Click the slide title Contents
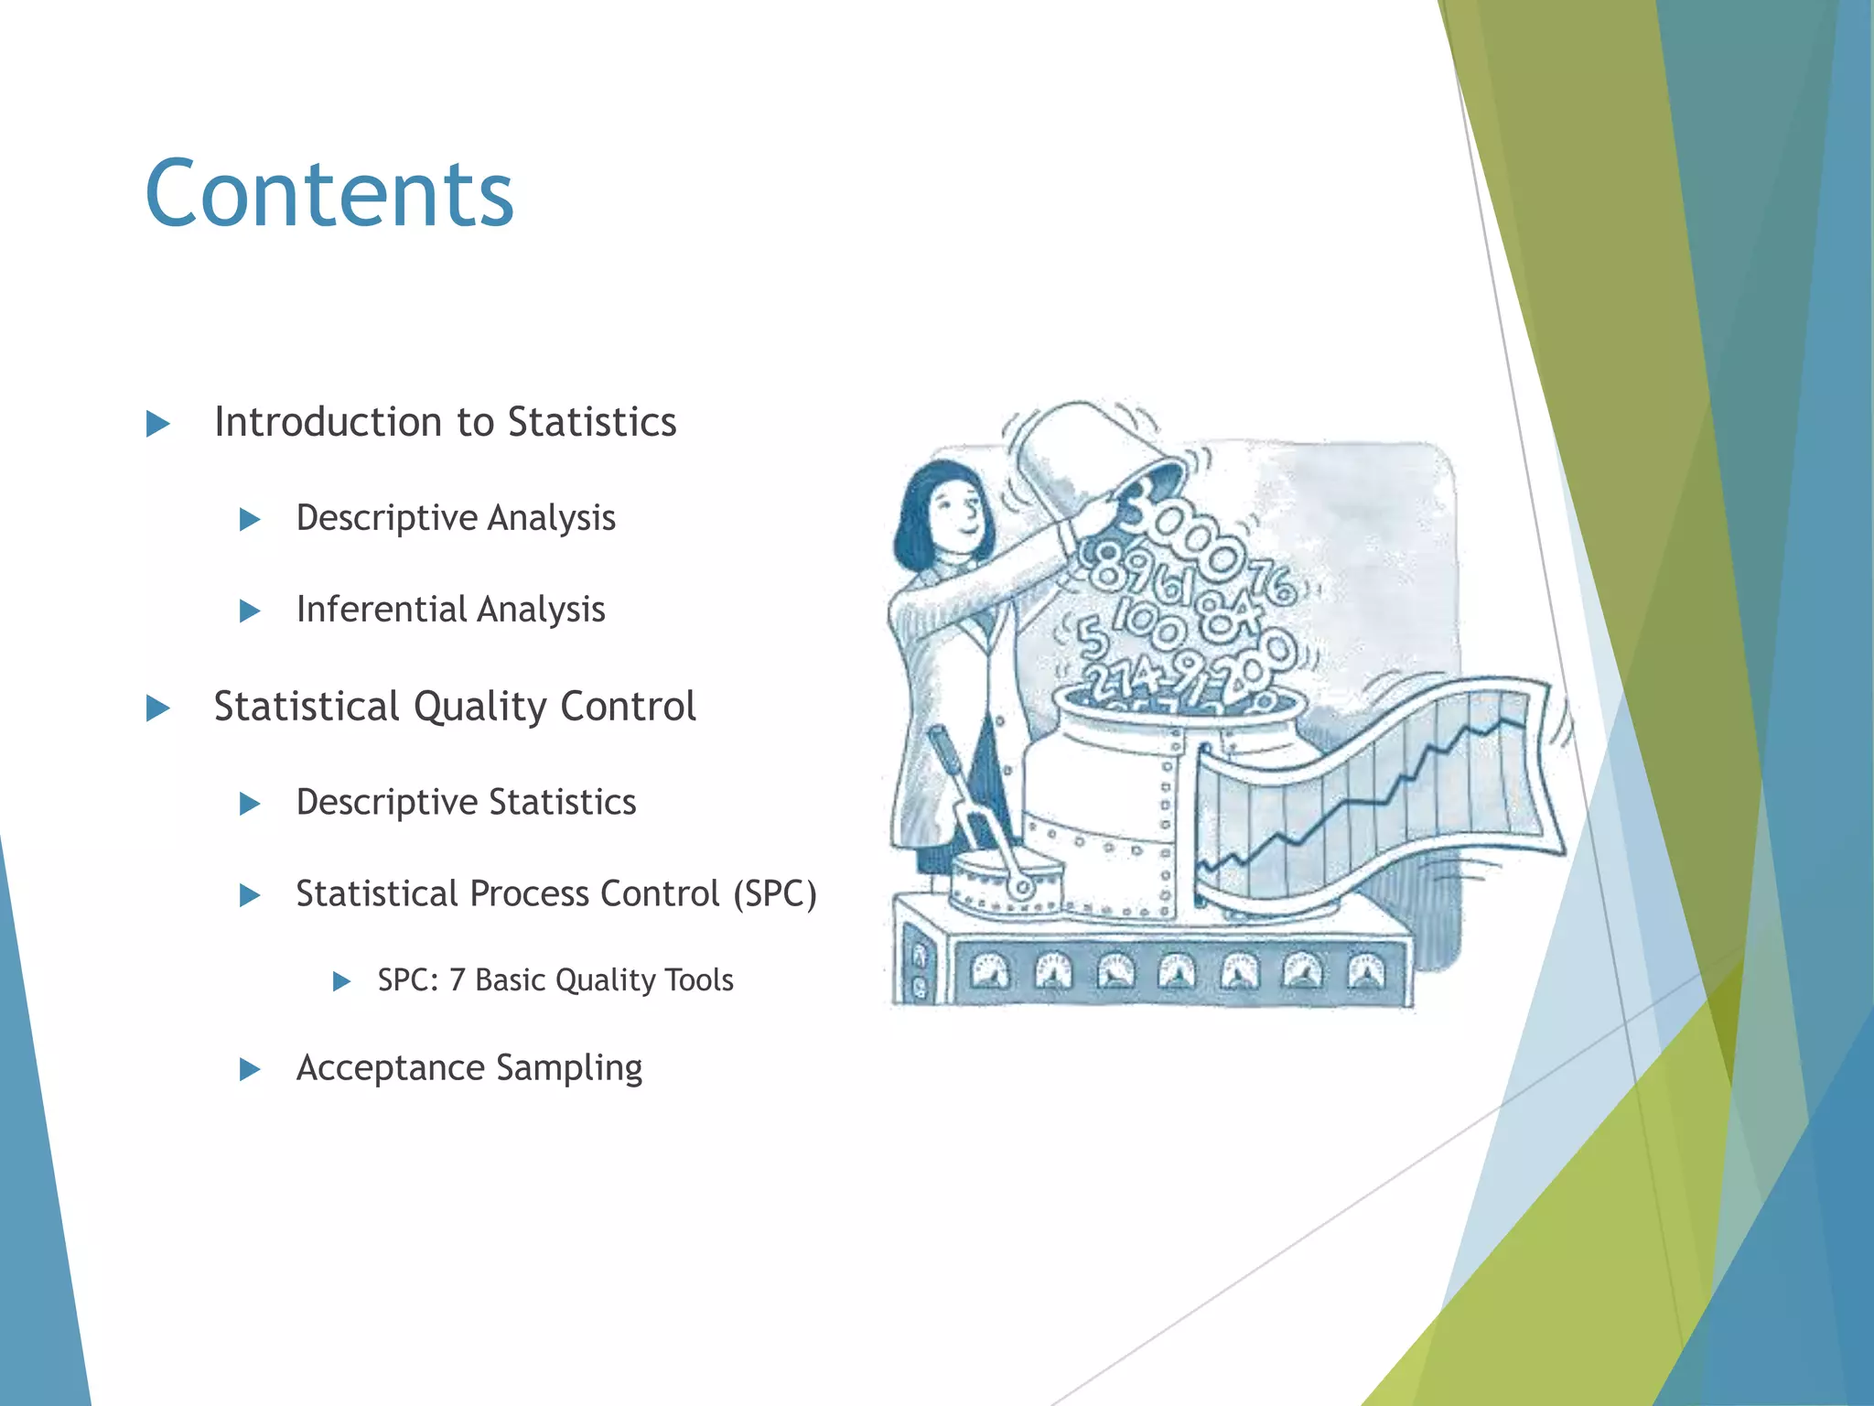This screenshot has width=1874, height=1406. [329, 194]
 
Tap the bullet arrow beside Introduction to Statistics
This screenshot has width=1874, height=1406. [158, 424]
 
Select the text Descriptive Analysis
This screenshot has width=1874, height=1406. [455, 518]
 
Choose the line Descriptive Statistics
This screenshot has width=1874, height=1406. [466, 803]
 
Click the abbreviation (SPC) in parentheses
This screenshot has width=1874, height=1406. [774, 894]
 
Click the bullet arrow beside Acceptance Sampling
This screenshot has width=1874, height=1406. [250, 1069]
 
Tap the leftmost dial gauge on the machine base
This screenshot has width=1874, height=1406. [989, 971]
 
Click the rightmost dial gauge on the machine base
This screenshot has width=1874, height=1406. [1366, 971]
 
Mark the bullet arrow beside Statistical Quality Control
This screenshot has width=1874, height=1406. [158, 708]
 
